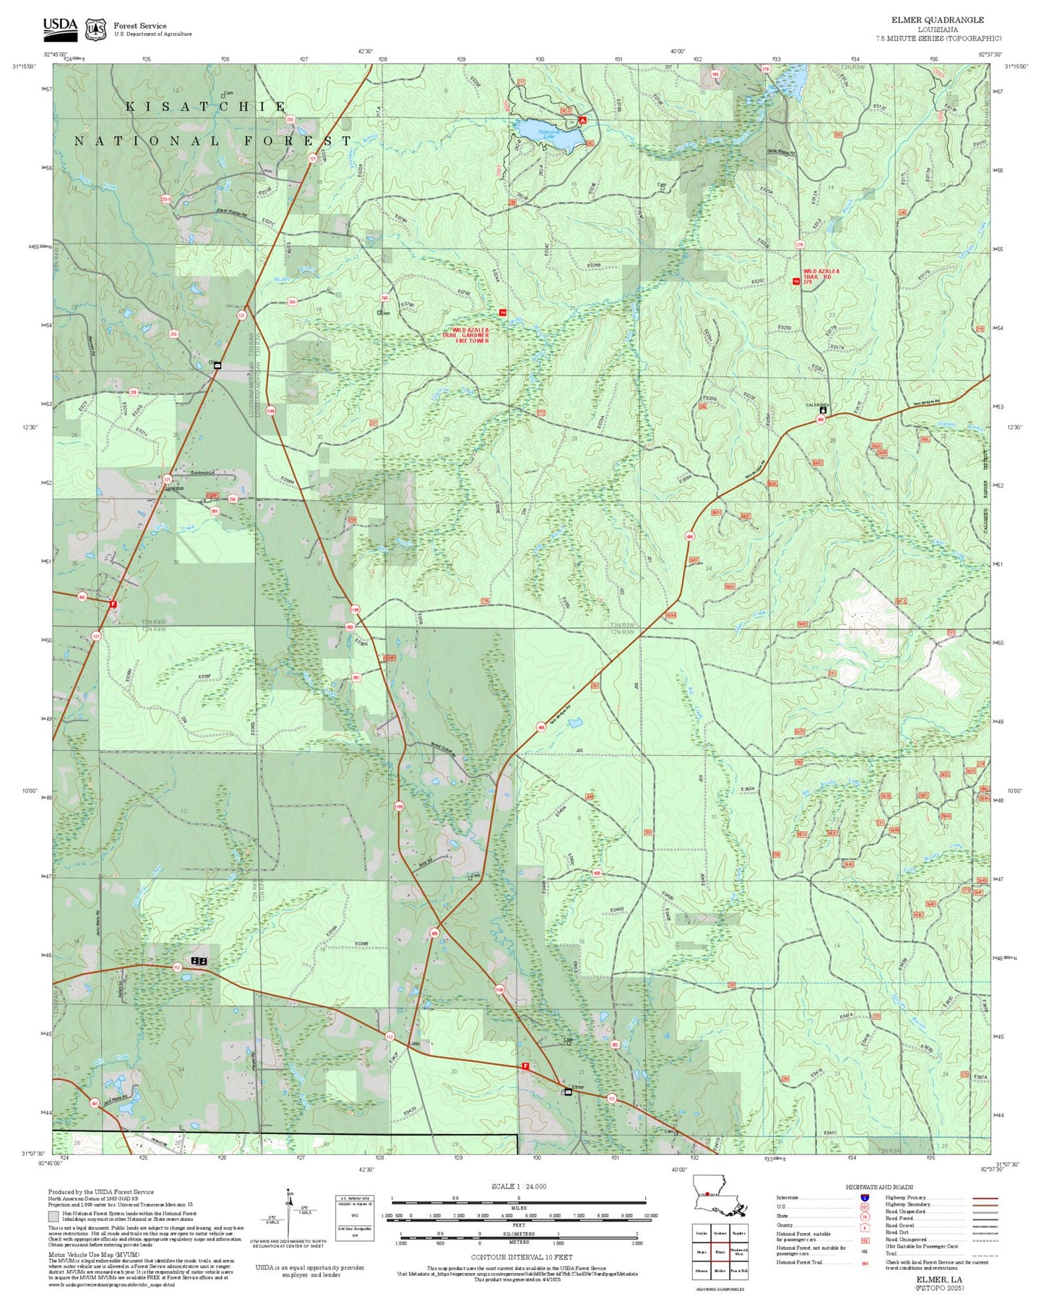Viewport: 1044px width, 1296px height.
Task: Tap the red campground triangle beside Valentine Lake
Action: pyautogui.click(x=582, y=118)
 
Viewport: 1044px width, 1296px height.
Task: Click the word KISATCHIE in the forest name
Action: pyautogui.click(x=207, y=107)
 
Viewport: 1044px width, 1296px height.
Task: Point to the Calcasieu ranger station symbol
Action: pyautogui.click(x=823, y=410)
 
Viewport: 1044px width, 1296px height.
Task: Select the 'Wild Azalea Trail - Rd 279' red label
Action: pyautogui.click(x=821, y=276)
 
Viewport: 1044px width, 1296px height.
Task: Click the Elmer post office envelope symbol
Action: pyautogui.click(x=569, y=1092)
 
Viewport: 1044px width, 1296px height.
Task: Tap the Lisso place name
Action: pyautogui.click(x=414, y=1044)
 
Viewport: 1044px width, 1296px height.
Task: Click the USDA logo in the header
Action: pyautogui.click(x=60, y=26)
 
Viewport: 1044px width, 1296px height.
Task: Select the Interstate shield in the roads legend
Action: pyautogui.click(x=865, y=1197)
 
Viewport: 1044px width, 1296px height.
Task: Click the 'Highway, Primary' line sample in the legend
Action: pyautogui.click(x=985, y=1197)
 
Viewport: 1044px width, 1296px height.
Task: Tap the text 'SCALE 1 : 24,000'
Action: pyautogui.click(x=518, y=1186)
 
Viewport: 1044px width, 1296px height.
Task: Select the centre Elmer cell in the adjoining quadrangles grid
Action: pyautogui.click(x=720, y=1252)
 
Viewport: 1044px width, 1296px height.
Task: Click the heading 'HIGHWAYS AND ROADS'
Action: pyautogui.click(x=879, y=1187)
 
